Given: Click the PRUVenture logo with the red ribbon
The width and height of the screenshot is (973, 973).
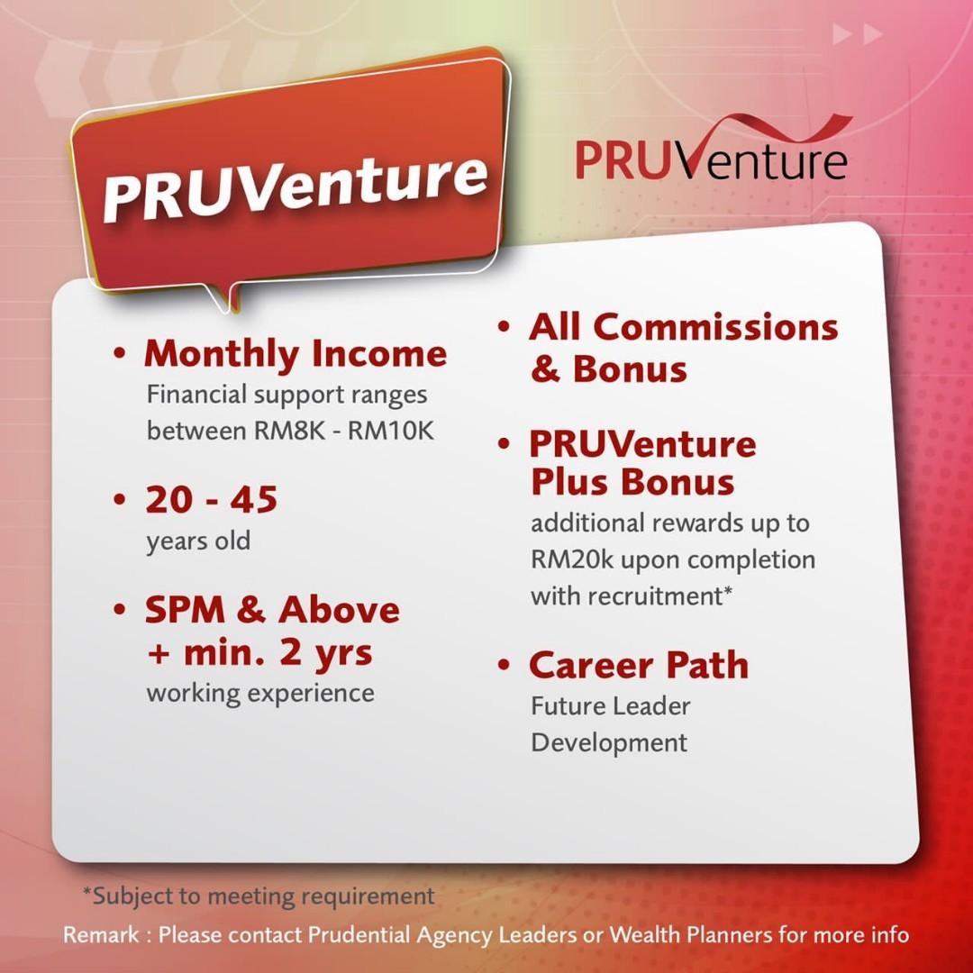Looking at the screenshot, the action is pos(713,149).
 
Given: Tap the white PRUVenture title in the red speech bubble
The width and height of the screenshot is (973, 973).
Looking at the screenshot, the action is pos(295,186).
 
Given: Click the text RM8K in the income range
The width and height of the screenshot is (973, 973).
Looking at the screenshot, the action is pos(289,431).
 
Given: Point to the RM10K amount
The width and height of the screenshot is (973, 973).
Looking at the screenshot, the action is pos(390,431).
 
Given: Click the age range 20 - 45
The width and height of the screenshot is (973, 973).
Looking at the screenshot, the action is pos(211,499).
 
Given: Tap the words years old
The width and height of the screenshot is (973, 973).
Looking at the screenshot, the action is pos(198,541).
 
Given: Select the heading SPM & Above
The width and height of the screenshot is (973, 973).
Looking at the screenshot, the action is pos(272,610).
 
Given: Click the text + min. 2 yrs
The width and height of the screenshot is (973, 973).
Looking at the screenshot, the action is pos(260,654).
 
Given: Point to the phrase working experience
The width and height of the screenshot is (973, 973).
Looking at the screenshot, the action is pos(260,694).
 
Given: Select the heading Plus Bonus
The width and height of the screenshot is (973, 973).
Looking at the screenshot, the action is pos(633,482).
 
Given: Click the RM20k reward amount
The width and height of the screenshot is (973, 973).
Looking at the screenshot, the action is pos(571,559).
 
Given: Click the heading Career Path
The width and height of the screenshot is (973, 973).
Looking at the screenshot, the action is pos(639,665).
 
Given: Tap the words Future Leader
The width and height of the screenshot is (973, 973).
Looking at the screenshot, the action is pos(611,706).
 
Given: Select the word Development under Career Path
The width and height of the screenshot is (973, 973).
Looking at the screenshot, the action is pos(609,743).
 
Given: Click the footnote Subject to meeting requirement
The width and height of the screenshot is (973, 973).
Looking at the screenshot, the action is pos(259,896).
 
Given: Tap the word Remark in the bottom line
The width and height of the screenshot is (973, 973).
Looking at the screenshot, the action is pos(101,934).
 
